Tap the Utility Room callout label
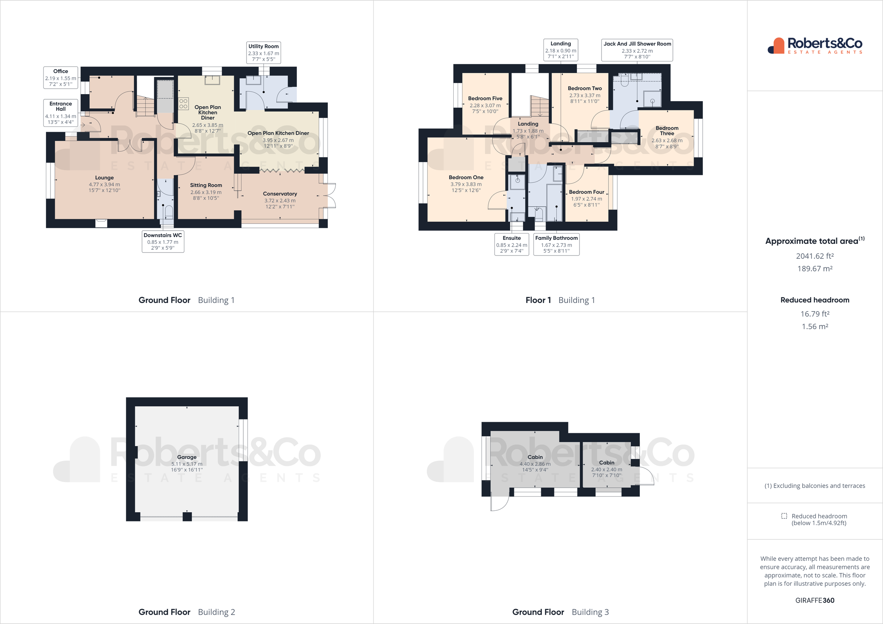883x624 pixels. tap(263, 52)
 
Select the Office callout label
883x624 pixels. tap(61, 78)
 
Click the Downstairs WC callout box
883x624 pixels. tap(163, 242)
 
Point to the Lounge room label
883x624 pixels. tap(104, 183)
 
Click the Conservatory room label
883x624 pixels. tap(280, 200)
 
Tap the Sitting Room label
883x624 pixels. tap(206, 191)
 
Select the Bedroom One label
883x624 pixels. tap(466, 183)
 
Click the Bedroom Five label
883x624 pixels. tap(485, 104)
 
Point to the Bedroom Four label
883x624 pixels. tap(586, 198)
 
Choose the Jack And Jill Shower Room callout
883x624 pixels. tap(637, 50)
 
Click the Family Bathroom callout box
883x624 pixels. tap(556, 244)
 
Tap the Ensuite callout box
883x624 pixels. tap(511, 244)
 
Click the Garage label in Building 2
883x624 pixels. tap(187, 463)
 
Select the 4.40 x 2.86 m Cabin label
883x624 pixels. tap(535, 463)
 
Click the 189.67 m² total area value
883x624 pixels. tap(815, 269)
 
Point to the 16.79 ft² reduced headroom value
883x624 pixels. tap(815, 314)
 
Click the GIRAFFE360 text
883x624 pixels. tap(815, 600)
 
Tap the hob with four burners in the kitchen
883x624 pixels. tap(184, 103)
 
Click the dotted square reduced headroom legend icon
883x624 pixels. tap(784, 516)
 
